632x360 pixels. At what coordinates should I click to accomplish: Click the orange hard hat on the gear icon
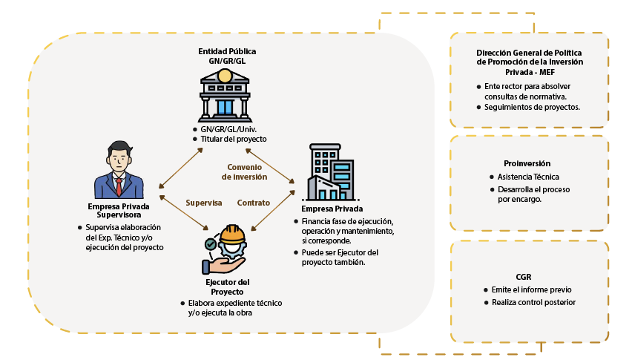(x=233, y=234)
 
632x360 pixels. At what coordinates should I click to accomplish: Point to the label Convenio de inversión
(x=244, y=172)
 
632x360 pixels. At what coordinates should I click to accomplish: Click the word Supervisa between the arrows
(x=204, y=203)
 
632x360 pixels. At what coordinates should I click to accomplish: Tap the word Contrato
(x=254, y=203)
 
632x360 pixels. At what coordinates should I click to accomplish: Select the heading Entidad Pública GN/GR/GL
(x=227, y=56)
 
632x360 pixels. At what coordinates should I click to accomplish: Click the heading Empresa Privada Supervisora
(x=119, y=211)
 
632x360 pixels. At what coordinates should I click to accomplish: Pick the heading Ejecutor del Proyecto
(x=227, y=287)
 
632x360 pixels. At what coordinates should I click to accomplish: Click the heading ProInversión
(x=528, y=163)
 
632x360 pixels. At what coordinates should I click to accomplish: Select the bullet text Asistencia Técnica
(x=529, y=177)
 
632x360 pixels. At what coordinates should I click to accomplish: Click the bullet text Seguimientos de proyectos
(x=532, y=107)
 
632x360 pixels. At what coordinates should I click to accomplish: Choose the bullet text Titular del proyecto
(x=233, y=139)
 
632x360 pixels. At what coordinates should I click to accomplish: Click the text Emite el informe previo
(x=530, y=289)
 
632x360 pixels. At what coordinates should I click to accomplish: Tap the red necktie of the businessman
(x=117, y=183)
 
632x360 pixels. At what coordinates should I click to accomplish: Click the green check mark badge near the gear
(x=211, y=243)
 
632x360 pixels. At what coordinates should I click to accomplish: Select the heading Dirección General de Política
(x=529, y=53)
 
